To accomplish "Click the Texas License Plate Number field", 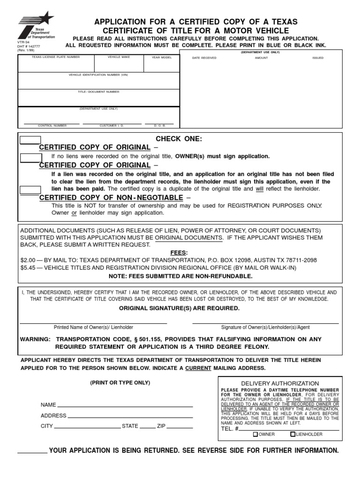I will (56, 66).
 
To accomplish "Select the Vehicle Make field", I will (119, 66).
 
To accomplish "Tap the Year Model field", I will (161, 66).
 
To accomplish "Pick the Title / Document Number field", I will (98, 99).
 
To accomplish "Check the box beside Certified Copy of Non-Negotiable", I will (30, 190).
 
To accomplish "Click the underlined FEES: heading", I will (180, 252).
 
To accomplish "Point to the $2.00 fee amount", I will (29, 260).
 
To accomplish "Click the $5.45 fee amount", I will (29, 268).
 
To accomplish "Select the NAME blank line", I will (125, 405).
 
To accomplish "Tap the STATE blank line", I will (148, 427).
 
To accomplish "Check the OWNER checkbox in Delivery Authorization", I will (255, 435).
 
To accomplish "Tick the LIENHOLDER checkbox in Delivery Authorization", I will (292, 435).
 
